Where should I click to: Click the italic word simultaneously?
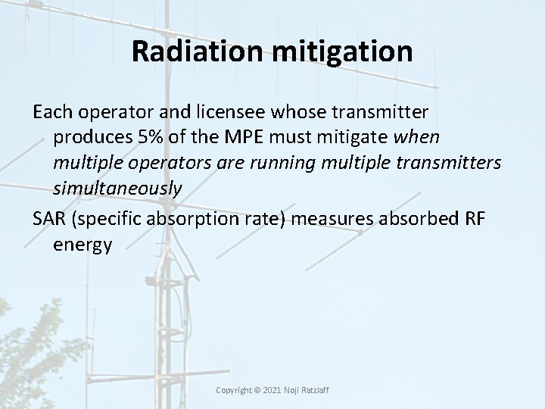[117, 189]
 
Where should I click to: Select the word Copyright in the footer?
[234, 390]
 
